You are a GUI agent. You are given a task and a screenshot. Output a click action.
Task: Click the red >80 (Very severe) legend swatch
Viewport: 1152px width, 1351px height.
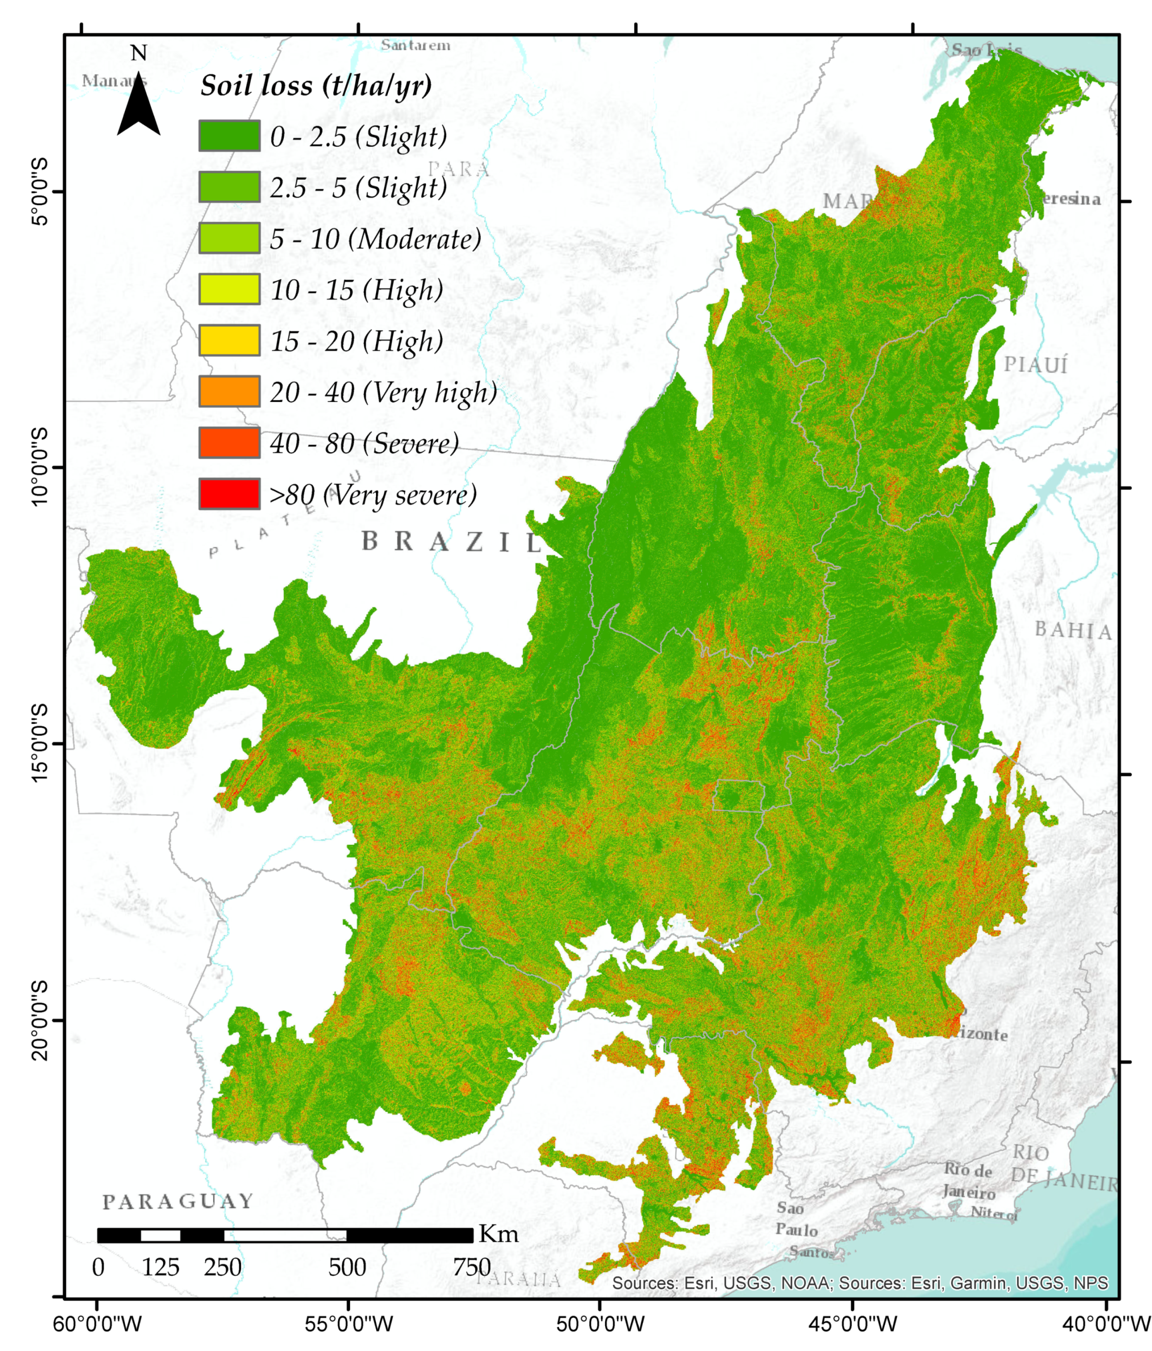click(x=229, y=494)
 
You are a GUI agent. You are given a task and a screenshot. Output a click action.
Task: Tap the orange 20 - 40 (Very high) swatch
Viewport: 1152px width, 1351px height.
click(x=229, y=391)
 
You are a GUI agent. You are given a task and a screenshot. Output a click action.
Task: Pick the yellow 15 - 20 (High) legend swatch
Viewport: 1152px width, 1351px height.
click(x=229, y=340)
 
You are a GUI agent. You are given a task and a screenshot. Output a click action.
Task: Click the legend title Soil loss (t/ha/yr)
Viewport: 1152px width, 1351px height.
click(x=316, y=85)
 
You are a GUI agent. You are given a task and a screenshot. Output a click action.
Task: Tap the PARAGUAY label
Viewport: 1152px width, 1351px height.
click(x=178, y=1201)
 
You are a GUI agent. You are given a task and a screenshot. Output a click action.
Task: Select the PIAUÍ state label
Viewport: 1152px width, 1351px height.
click(x=1036, y=365)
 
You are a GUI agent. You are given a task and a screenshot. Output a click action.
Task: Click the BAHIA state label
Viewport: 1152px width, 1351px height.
click(x=1073, y=631)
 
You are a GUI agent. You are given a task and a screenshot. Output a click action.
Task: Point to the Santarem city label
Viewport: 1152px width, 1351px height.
click(x=415, y=45)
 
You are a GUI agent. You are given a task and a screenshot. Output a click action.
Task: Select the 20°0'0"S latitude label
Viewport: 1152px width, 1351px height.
click(x=40, y=1020)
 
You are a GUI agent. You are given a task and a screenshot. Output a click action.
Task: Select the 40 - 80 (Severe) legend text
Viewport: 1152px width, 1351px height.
click(x=364, y=443)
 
